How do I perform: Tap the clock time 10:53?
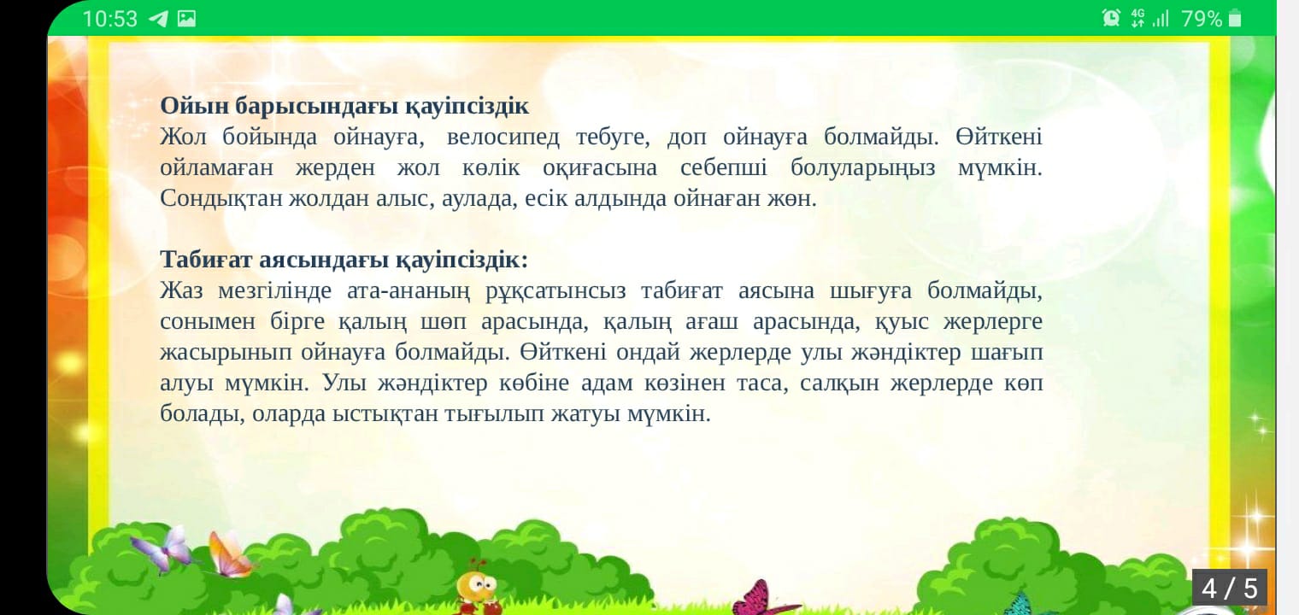[x=109, y=19]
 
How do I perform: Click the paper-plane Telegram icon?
[x=158, y=19]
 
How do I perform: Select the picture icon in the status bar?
[x=186, y=19]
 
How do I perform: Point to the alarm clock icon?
[x=1110, y=19]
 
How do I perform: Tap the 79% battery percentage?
[x=1202, y=19]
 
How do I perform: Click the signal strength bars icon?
[x=1161, y=19]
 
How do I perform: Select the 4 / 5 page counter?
[x=1230, y=589]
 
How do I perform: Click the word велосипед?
[x=503, y=138]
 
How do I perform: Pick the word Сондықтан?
[x=221, y=199]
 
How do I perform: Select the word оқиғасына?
[x=600, y=168]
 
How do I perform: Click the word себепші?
[x=724, y=168]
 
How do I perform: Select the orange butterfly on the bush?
[x=229, y=555]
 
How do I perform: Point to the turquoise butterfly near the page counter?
[x=1020, y=604]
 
